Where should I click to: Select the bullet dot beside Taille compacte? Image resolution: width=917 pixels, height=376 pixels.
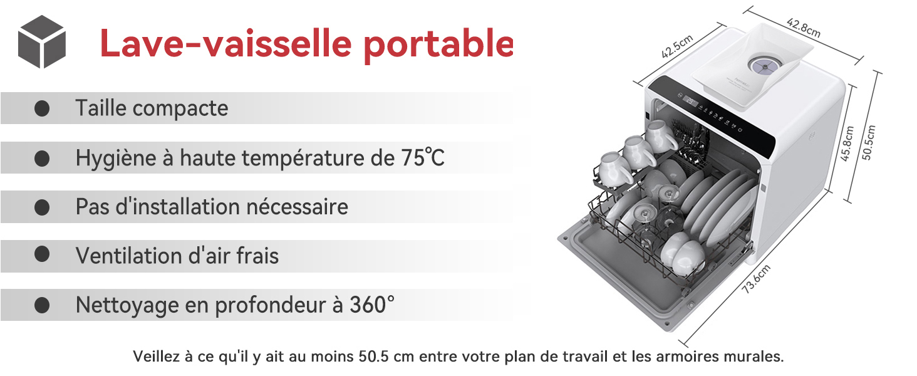tap(42, 108)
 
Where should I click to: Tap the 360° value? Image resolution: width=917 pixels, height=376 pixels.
tap(372, 305)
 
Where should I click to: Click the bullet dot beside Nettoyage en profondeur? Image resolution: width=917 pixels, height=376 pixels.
tap(42, 305)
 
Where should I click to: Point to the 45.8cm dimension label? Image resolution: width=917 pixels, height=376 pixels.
tap(847, 144)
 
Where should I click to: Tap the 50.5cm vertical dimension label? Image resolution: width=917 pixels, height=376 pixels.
tap(868, 143)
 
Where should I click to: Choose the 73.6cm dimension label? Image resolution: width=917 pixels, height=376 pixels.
tap(756, 279)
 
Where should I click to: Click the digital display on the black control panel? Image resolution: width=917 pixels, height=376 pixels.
tap(687, 100)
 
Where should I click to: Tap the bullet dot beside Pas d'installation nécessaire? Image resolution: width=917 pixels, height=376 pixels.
tap(42, 207)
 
